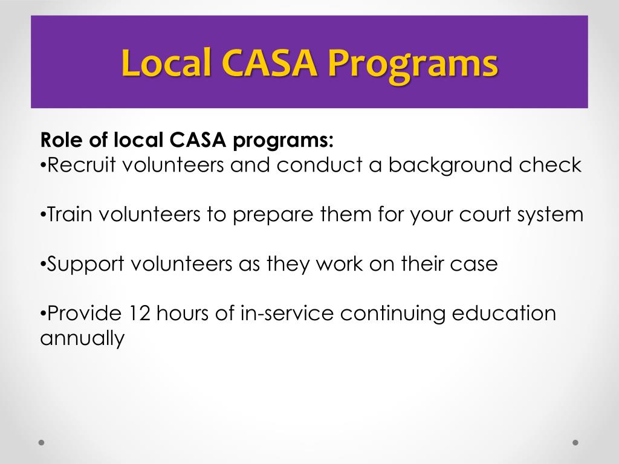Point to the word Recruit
tap(82, 165)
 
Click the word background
tap(459, 165)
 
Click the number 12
tap(140, 314)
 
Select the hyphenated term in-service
tap(292, 314)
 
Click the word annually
tap(82, 339)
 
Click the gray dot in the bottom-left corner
tap(42, 442)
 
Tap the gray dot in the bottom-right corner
tap(575, 442)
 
